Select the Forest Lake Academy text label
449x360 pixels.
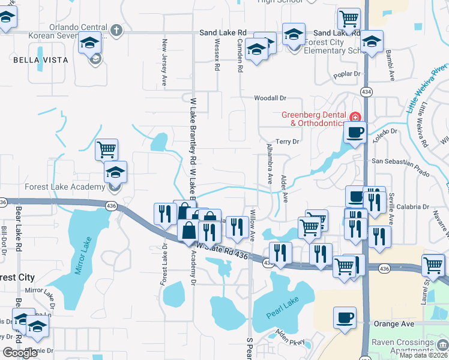tap(64, 187)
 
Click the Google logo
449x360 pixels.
tap(20, 352)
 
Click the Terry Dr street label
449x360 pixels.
tap(287, 142)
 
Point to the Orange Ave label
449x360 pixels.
tap(394, 324)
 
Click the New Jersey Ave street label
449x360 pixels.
tap(164, 62)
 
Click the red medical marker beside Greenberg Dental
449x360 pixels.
tap(355, 116)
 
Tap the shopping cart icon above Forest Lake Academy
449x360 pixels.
tap(106, 148)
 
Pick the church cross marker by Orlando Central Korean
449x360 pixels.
tap(116, 29)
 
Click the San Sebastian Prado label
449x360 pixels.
tap(401, 161)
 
